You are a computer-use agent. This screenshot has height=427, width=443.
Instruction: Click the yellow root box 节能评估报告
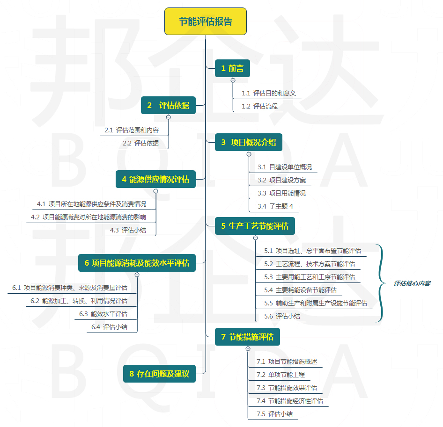(206, 22)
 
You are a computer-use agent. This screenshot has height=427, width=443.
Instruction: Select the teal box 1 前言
(232, 68)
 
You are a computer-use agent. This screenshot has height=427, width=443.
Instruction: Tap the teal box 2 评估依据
(168, 105)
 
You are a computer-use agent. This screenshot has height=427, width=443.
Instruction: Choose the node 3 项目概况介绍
(249, 142)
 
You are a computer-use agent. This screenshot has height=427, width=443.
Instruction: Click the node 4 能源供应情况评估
(155, 179)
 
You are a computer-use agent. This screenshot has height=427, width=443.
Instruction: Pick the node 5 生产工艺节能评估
(255, 226)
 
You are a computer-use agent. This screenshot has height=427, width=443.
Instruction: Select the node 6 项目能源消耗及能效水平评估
(137, 263)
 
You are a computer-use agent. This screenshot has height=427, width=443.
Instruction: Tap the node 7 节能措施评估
(248, 337)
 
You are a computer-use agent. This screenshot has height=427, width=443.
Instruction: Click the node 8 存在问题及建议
(159, 374)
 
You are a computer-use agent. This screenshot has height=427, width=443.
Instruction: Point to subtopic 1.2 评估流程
(259, 106)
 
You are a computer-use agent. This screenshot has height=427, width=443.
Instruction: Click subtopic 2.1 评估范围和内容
(132, 130)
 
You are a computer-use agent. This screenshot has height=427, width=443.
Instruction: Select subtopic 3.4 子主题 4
(275, 206)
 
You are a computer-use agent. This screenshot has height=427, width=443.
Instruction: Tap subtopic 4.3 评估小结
(128, 230)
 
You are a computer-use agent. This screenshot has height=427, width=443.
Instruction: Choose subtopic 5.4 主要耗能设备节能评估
(300, 290)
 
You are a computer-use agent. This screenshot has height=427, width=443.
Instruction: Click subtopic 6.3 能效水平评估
(103, 314)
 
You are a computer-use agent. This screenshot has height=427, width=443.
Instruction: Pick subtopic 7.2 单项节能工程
(281, 375)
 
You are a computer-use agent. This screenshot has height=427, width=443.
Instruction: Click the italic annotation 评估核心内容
(412, 283)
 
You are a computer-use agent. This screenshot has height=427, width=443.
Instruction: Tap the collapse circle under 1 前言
(233, 80)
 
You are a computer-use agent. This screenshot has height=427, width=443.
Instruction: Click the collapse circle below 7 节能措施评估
(248, 348)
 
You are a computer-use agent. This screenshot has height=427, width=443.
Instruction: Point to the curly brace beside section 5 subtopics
(383, 283)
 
